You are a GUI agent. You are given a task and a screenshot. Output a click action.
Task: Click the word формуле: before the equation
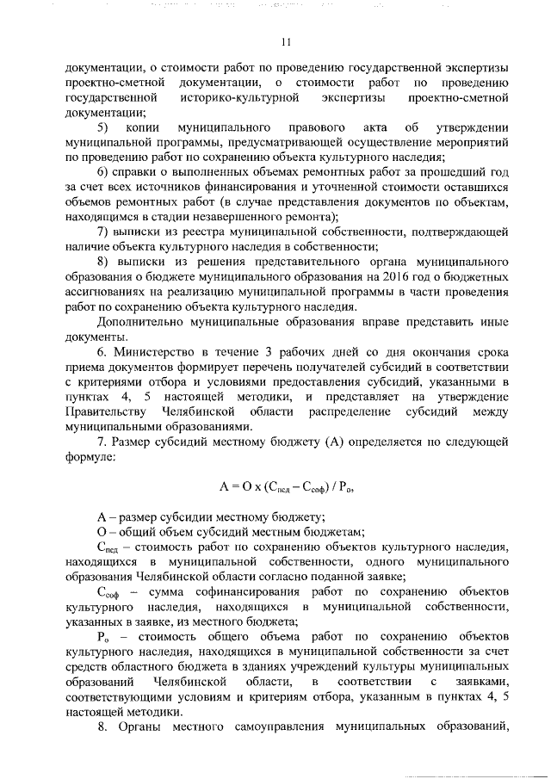pos(89,458)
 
